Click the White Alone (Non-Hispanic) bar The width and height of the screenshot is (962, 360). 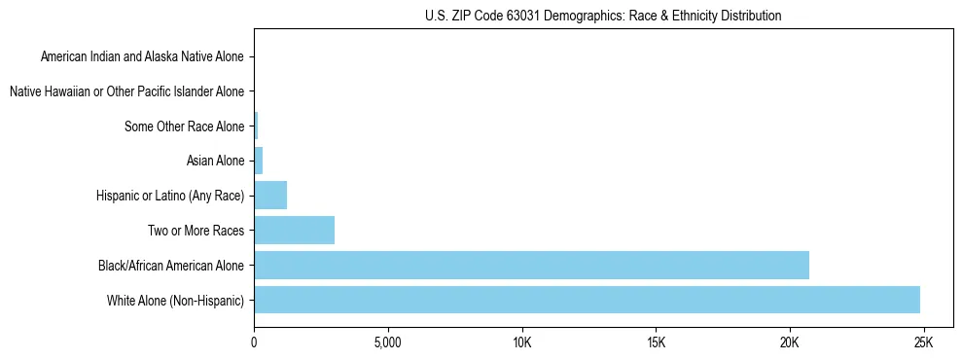tap(587, 300)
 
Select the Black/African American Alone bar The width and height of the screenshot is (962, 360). tap(531, 265)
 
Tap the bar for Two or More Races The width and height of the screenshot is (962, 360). tap(294, 231)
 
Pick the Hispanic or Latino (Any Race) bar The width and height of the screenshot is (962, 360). tap(270, 196)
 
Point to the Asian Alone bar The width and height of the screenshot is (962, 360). tap(259, 161)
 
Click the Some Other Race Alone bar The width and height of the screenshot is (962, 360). tap(256, 126)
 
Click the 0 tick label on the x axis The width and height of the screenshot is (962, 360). tap(254, 343)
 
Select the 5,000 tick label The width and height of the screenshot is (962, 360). tap(387, 343)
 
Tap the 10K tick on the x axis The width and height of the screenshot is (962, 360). tap(521, 343)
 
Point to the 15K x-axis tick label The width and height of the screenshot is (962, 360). tap(655, 343)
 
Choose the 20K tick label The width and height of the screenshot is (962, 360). tap(789, 343)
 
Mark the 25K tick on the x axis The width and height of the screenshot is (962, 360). tap(923, 343)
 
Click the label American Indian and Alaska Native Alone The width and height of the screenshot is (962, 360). tap(142, 56)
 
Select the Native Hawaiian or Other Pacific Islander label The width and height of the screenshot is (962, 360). tap(126, 91)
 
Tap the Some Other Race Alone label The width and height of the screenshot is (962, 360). tap(185, 126)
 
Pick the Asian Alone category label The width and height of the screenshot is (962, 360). tap(215, 161)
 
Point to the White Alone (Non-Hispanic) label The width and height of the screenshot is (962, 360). tap(176, 300)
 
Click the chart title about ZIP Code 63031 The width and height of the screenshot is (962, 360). tap(603, 17)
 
